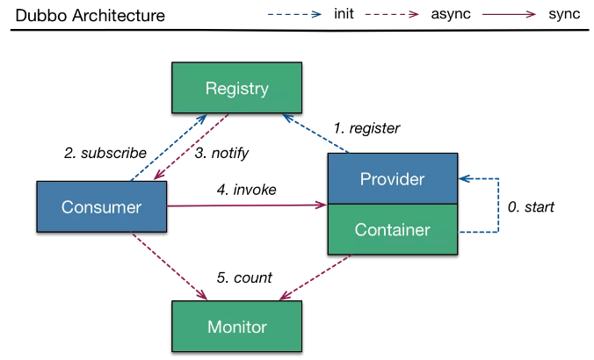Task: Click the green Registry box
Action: click(236, 88)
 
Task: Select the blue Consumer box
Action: click(102, 206)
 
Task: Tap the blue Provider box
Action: click(393, 178)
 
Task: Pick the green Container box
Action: click(393, 229)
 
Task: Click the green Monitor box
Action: click(236, 327)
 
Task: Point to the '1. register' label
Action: click(366, 129)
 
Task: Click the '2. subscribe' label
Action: click(105, 153)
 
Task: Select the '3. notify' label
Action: click(221, 154)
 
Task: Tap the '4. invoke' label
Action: click(247, 190)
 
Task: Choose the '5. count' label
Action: click(244, 277)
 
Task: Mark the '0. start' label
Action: click(531, 206)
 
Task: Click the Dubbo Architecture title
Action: click(91, 16)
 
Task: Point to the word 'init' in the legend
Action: click(344, 14)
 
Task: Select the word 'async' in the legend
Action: click(451, 14)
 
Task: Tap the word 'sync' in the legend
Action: click(564, 14)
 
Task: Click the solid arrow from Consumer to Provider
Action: click(247, 205)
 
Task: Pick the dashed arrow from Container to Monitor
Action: click(315, 277)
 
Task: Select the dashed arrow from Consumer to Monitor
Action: click(169, 266)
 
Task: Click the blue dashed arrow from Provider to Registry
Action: click(315, 133)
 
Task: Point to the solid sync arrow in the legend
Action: click(509, 14)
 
